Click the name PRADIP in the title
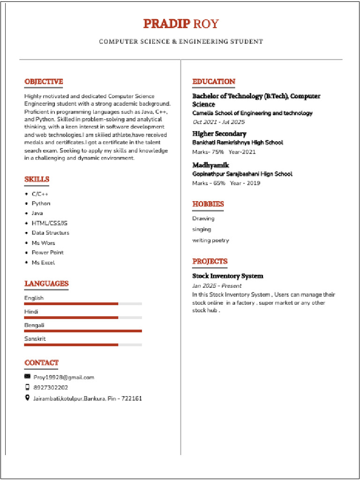(x=166, y=23)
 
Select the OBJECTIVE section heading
(x=44, y=82)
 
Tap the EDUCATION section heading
(x=214, y=82)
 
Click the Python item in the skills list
(x=41, y=203)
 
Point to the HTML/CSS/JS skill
(x=49, y=223)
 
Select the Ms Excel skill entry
(x=43, y=262)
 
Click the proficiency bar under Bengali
(x=83, y=331)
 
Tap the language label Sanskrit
(x=35, y=338)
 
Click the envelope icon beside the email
(x=27, y=376)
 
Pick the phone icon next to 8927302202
(x=27, y=387)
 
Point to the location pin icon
(x=27, y=398)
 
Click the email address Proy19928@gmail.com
(x=64, y=377)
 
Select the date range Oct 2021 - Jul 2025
(x=218, y=122)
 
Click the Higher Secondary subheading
(x=219, y=134)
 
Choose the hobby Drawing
(x=203, y=218)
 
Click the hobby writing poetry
(x=210, y=240)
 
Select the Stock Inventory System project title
(x=228, y=276)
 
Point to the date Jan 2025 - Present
(x=217, y=285)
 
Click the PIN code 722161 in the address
(x=132, y=398)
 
